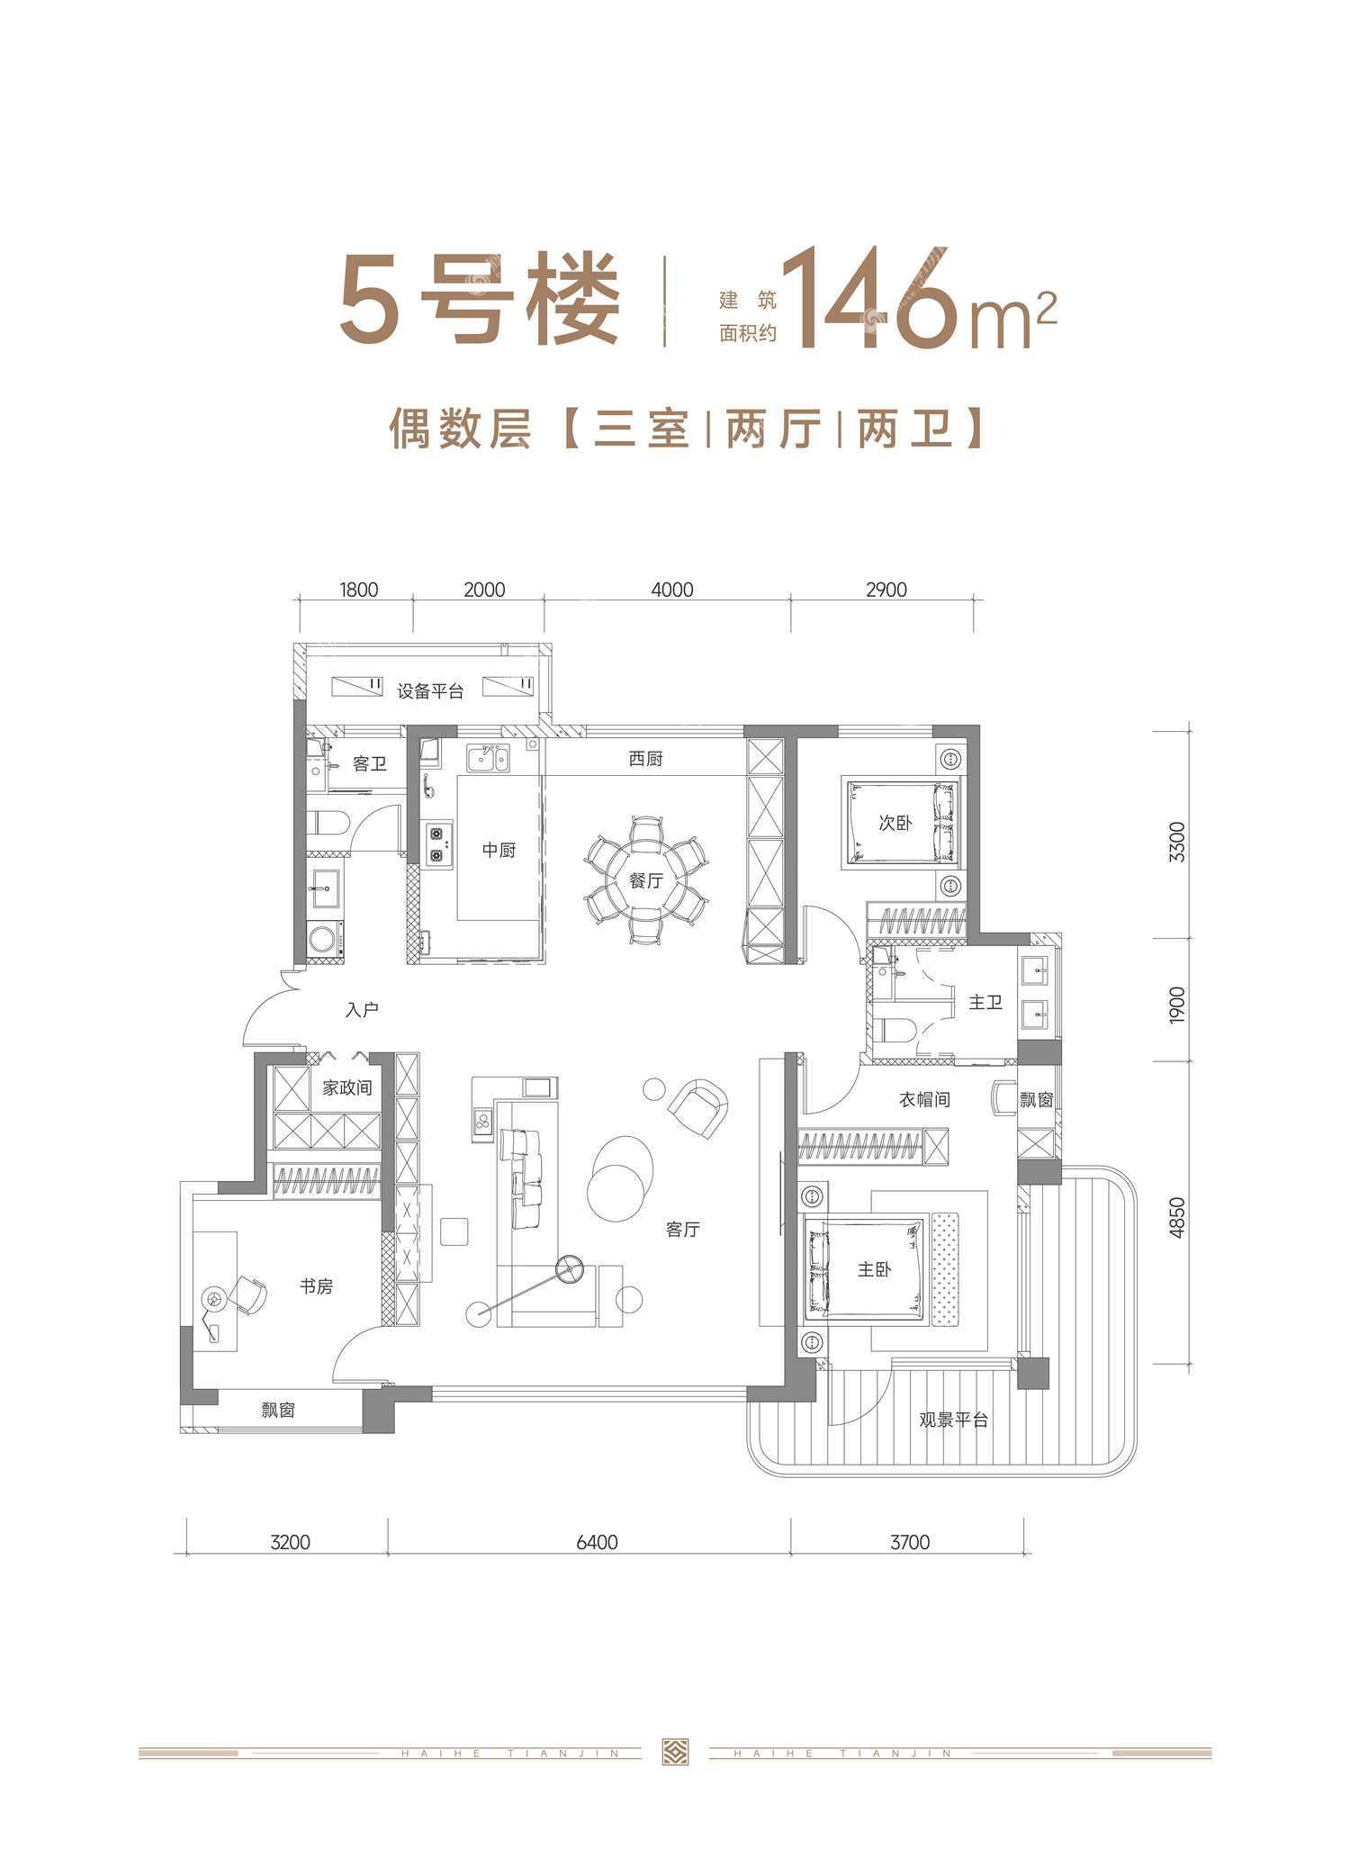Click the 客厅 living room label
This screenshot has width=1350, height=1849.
point(683,1229)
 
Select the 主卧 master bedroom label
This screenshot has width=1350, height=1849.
point(874,1269)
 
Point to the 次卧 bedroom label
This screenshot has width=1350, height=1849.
point(895,822)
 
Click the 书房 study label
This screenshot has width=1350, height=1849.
point(317,1286)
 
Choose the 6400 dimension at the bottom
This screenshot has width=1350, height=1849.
point(596,1541)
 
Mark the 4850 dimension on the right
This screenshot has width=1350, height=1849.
point(1177,1219)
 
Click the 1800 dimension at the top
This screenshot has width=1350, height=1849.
point(358,590)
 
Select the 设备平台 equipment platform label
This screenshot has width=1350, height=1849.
point(430,691)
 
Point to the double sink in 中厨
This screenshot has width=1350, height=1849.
point(487,758)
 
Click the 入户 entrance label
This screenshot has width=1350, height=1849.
point(362,1010)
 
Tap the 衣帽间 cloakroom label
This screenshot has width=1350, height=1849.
point(924,1099)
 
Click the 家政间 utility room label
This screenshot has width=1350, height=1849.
point(347,1088)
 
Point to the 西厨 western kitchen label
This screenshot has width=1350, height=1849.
point(646,759)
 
